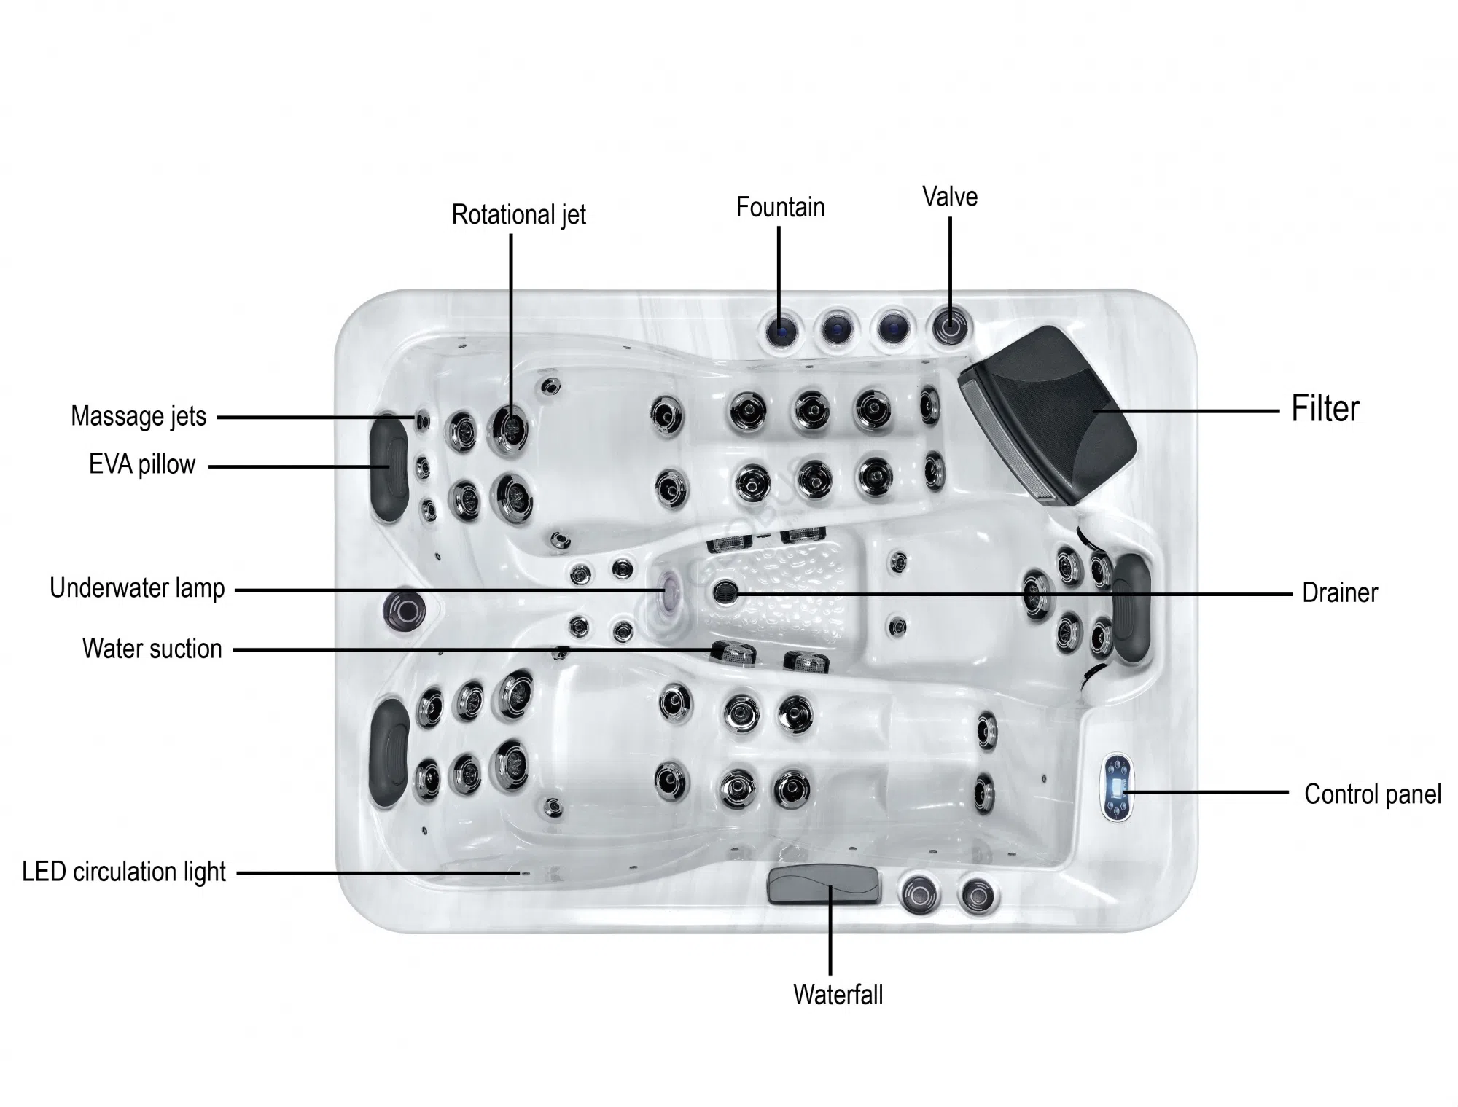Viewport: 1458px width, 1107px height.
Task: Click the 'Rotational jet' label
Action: point(518,215)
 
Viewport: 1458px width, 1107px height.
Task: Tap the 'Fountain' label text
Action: point(780,207)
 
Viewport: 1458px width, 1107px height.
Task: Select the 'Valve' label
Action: point(950,196)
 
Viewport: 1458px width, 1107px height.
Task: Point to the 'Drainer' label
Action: point(1340,592)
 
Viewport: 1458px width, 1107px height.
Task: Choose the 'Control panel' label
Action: point(1373,794)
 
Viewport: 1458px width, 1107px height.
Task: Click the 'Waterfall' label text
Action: point(838,995)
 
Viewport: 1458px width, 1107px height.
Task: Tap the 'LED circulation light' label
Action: point(124,872)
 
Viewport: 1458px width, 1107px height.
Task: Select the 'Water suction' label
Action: point(152,649)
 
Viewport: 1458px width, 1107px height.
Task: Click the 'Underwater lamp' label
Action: point(137,588)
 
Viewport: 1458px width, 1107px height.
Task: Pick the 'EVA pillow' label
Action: point(142,464)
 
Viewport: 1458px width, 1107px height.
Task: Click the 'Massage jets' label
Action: point(139,416)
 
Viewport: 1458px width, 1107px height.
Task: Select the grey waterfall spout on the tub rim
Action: point(823,885)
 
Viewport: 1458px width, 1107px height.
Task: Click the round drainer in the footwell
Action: point(725,592)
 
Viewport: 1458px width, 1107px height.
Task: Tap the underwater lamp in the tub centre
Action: point(667,590)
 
